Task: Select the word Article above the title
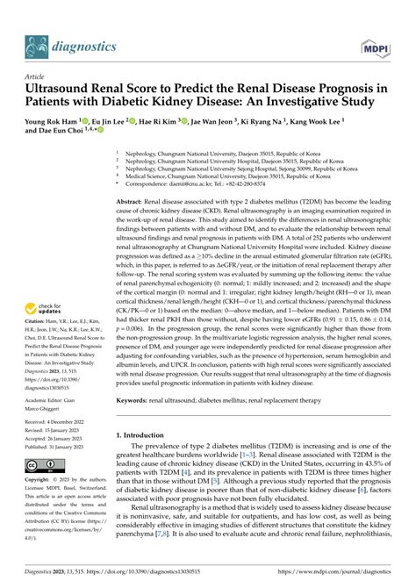point(37,75)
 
